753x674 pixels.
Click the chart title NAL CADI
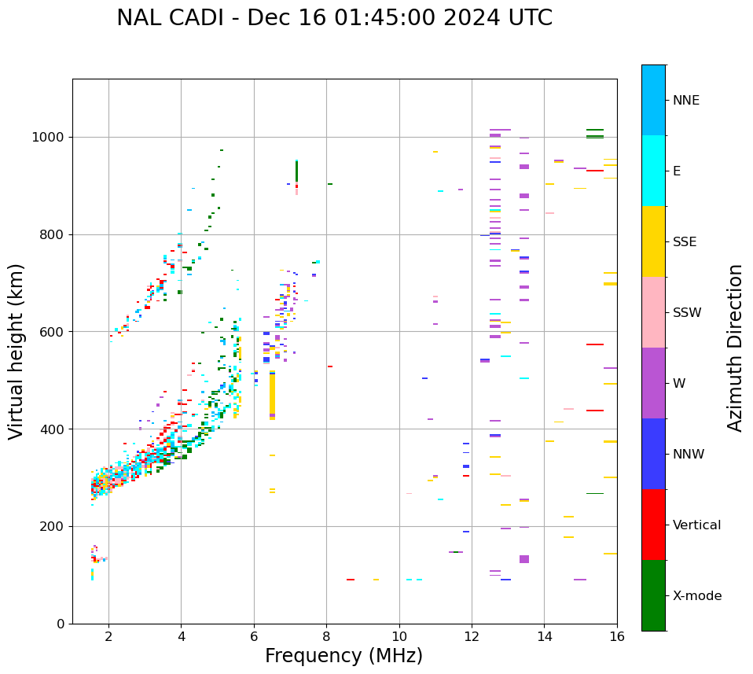pos(334,18)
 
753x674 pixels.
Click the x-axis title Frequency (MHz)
pos(343,656)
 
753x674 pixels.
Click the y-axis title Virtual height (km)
pos(17,351)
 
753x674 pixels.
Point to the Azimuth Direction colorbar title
pos(735,347)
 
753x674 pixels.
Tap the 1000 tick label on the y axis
pos(48,137)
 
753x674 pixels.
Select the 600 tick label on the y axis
pos(52,332)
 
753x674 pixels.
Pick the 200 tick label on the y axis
pos(52,526)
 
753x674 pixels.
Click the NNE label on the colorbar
pos(686,101)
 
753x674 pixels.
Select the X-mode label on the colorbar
pos(697,596)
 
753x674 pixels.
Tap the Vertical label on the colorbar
pos(696,525)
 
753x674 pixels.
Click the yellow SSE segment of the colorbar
pos(653,241)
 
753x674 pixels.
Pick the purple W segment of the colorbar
pos(653,383)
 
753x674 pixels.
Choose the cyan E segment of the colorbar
pos(653,171)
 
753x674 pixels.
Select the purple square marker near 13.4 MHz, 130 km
pos(524,559)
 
